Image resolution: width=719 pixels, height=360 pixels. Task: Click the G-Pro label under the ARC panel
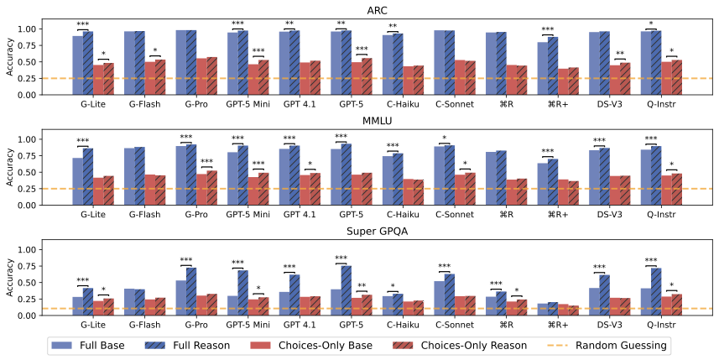[196, 104]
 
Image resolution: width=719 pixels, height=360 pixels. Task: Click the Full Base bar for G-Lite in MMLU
[78, 181]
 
